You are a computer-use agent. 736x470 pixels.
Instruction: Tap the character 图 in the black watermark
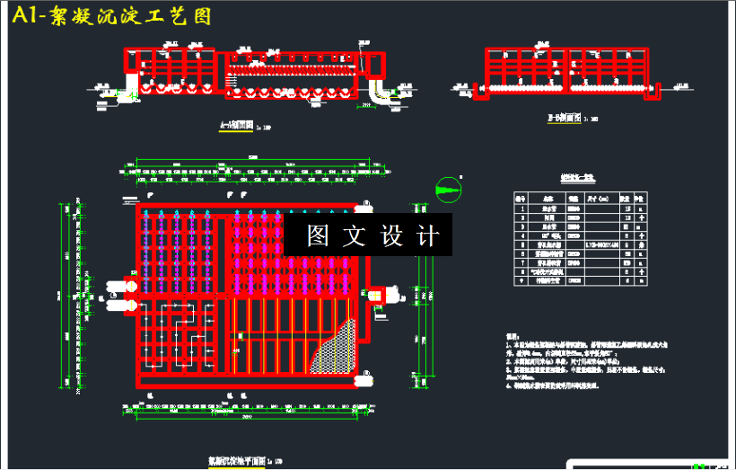click(317, 235)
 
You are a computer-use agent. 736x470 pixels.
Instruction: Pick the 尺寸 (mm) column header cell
click(598, 197)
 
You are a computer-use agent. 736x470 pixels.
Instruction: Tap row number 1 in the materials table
click(520, 208)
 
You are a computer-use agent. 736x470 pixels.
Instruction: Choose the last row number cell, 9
click(520, 280)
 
